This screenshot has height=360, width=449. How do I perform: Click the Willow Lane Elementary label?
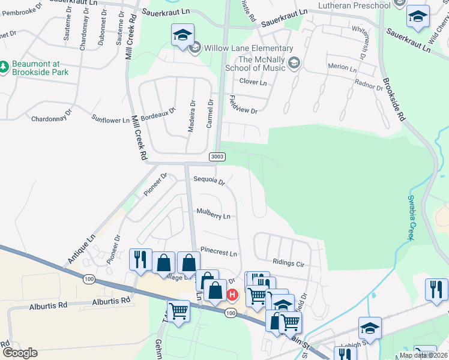coord(249,48)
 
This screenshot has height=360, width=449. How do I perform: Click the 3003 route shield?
coord(217,157)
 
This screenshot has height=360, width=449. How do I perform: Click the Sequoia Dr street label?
coord(209,180)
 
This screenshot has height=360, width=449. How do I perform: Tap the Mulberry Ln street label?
coord(213,215)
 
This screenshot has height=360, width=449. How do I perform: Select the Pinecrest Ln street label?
coord(219,254)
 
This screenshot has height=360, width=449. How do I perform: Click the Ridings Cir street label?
coord(289,262)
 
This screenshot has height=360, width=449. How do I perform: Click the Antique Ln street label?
coord(82,248)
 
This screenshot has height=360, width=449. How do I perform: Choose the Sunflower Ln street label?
coord(110,119)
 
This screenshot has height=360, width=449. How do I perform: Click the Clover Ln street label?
coord(253,82)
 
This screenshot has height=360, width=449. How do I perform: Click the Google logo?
coord(20,353)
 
